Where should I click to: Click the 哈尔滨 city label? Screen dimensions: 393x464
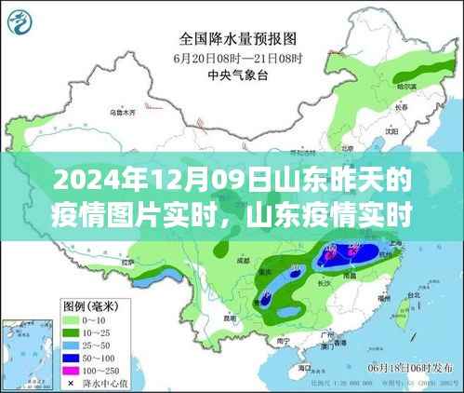pyautogui.click(x=405, y=85)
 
